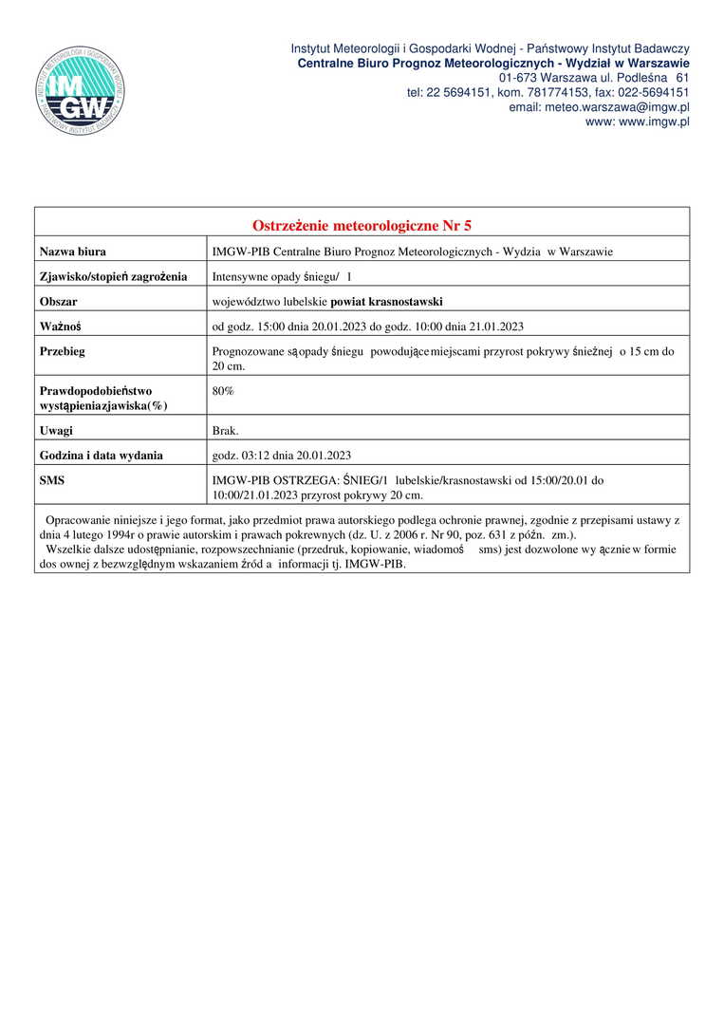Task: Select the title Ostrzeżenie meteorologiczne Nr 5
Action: click(x=362, y=226)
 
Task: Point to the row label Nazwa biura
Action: click(x=72, y=252)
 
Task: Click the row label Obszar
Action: click(x=58, y=302)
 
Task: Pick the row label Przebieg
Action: click(x=63, y=351)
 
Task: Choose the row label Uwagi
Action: click(x=56, y=430)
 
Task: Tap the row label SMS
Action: click(x=52, y=481)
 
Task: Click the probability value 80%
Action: click(x=223, y=391)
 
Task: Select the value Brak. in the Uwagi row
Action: click(x=226, y=430)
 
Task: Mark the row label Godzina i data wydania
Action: click(x=101, y=456)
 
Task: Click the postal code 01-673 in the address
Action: click(x=516, y=77)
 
